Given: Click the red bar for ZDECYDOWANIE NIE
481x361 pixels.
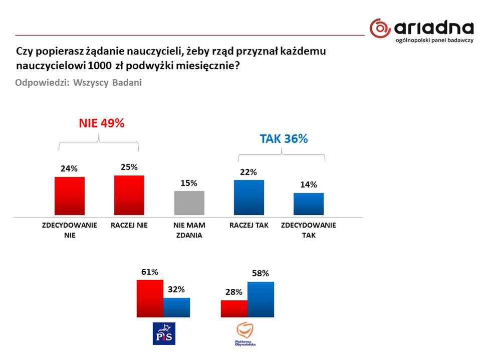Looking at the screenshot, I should pos(69,197).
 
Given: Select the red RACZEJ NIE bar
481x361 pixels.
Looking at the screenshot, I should pos(129,196).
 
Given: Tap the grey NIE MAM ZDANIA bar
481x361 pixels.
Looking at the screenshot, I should pos(189,203).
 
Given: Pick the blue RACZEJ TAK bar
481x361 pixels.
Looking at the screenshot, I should pos(249,198).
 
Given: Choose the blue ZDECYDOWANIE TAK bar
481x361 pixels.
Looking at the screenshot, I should pos(309,204).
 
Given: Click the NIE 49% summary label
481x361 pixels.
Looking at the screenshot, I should pos(101,123).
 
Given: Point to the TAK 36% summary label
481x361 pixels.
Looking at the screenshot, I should pos(284,139).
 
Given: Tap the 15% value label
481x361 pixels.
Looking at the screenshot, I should pos(189,183).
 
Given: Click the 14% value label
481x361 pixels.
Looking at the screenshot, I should pos(309,185).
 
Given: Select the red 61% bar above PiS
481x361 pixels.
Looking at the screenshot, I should pos(150,298).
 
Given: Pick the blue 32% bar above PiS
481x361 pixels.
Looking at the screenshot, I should pos(176,307).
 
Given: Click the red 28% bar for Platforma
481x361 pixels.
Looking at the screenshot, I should pos(234,308).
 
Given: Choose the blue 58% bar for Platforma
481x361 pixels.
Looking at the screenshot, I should pos(261,299).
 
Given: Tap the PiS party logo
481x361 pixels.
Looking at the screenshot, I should pos(164,333).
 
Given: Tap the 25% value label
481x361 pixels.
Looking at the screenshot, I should pos(129,167).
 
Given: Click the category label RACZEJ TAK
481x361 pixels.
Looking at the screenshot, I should pos(249,226).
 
